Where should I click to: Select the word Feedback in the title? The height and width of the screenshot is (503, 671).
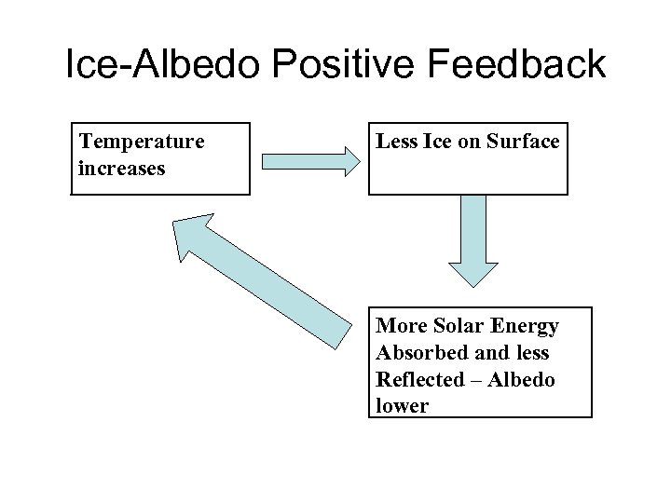coord(519,66)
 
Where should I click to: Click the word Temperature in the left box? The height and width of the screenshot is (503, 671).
coord(142,142)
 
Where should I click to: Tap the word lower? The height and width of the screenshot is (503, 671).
coord(402,407)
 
